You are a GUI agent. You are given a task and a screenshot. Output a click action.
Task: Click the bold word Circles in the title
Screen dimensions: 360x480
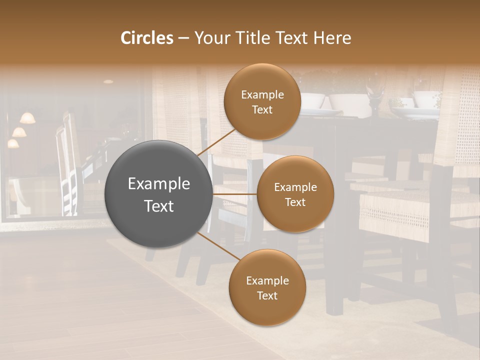(x=146, y=38)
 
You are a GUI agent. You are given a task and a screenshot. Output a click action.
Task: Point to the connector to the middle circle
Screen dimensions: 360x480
(x=235, y=194)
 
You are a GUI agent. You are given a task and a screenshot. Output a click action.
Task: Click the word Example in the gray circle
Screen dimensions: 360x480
(x=159, y=184)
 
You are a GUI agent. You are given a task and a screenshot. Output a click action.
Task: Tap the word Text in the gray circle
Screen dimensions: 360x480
(x=159, y=206)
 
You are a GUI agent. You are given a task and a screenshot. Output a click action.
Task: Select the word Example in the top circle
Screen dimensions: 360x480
(x=262, y=95)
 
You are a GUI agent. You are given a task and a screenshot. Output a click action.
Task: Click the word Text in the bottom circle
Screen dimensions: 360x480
(x=267, y=296)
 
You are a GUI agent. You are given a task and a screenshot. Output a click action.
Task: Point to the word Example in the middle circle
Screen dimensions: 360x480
(x=295, y=187)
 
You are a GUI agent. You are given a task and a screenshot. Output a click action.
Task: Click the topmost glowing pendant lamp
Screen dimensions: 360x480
(x=27, y=118)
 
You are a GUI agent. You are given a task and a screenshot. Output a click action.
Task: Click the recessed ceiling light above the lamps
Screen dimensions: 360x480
(x=108, y=81)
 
